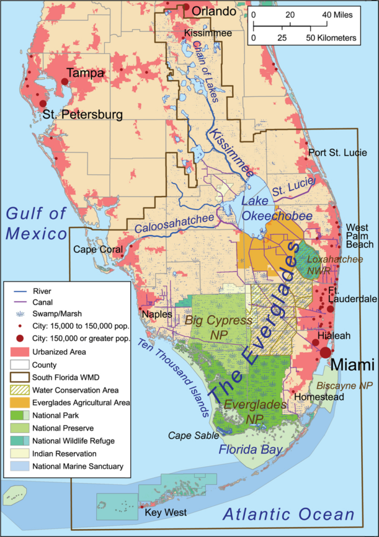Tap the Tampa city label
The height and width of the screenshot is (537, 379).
[x=85, y=74]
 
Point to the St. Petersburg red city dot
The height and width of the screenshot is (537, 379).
[x=43, y=103]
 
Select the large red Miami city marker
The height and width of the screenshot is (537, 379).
[x=325, y=352]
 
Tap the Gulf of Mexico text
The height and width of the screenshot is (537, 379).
[x=36, y=223]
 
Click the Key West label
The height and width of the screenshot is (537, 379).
[x=166, y=513]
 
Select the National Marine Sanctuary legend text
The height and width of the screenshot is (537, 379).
[x=78, y=466]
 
